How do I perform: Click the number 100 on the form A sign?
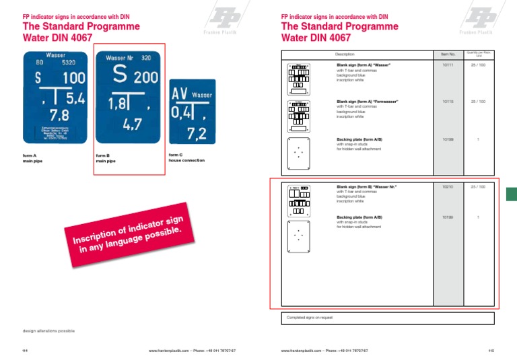pyautogui.click(x=73, y=78)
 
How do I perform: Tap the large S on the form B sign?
pyautogui.click(x=120, y=76)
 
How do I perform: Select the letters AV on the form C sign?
pyautogui.click(x=180, y=94)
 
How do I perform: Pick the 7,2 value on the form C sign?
pyautogui.click(x=196, y=133)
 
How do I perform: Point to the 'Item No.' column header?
pyautogui.click(x=448, y=53)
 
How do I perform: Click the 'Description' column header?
pyautogui.click(x=345, y=53)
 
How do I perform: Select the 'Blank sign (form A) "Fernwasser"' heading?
pyautogui.click(x=368, y=101)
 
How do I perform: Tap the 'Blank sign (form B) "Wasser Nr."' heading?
pyautogui.click(x=366, y=186)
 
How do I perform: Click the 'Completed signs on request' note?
pyautogui.click(x=310, y=317)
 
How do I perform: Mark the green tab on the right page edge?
pyautogui.click(x=511, y=194)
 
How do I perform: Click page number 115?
pyautogui.click(x=491, y=351)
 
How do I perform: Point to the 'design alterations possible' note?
pyautogui.click(x=48, y=331)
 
